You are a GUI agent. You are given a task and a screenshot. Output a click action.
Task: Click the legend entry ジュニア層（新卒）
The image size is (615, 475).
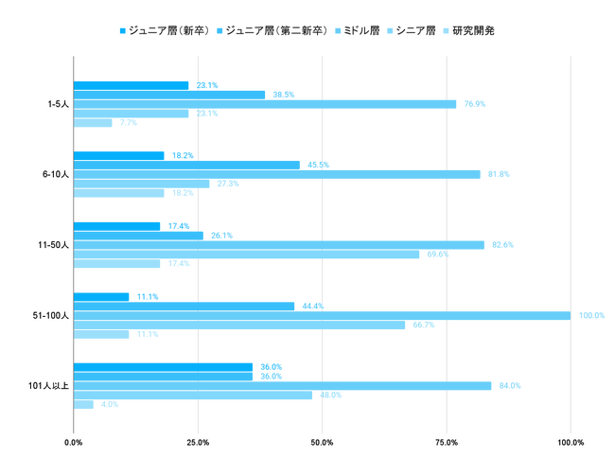tap(167, 30)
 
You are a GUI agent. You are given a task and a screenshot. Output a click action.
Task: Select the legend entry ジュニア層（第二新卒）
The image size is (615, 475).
tap(274, 30)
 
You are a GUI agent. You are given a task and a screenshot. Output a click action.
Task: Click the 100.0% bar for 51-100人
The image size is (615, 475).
tap(322, 315)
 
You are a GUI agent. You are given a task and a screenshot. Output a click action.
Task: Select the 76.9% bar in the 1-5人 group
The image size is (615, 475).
tap(264, 104)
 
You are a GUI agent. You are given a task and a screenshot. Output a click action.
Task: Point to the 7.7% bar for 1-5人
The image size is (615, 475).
tap(92, 123)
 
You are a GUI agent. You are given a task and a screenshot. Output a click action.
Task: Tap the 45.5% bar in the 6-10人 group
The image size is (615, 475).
tap(186, 165)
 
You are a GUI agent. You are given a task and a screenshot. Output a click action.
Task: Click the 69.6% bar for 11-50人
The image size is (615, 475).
tap(246, 255)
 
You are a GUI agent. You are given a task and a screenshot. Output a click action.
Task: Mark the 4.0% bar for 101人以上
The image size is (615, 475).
tap(83, 404)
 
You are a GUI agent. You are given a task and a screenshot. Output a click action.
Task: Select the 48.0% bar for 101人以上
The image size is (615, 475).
tap(192, 395)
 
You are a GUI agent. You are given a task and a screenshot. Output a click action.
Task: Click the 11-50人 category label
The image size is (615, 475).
tap(52, 245)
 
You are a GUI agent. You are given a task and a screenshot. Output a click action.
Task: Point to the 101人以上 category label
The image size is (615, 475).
tap(47, 385)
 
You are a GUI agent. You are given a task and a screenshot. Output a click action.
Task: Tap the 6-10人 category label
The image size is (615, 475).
tap(54, 174)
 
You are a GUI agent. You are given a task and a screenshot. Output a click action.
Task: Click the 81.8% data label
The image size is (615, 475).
tap(498, 174)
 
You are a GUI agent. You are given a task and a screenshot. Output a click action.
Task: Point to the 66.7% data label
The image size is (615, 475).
tap(423, 325)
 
